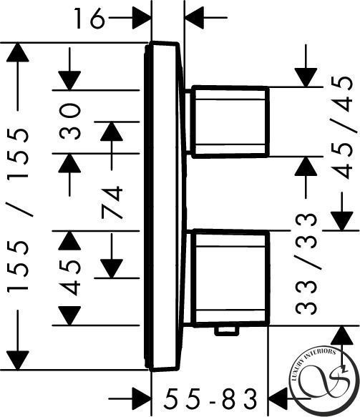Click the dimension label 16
tap(89, 18)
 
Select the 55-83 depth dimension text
tap(210, 398)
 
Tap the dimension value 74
tap(112, 202)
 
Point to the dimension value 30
tap(69, 122)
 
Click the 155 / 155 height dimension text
tap(17, 210)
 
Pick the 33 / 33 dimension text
tap(306, 264)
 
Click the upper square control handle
tap(230, 122)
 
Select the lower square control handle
tap(230, 278)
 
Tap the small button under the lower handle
tap(226, 330)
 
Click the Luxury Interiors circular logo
tap(324, 382)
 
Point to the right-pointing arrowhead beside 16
tap(142, 18)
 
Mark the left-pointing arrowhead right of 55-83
tap(277, 398)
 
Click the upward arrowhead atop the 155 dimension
tap(18, 52)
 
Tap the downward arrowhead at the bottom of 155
tap(18, 360)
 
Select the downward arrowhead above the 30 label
tap(69, 81)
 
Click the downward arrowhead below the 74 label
tap(112, 269)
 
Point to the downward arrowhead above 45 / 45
tap(306, 78)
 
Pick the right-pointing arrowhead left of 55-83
tap(142, 398)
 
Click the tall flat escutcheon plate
tap(164, 207)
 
